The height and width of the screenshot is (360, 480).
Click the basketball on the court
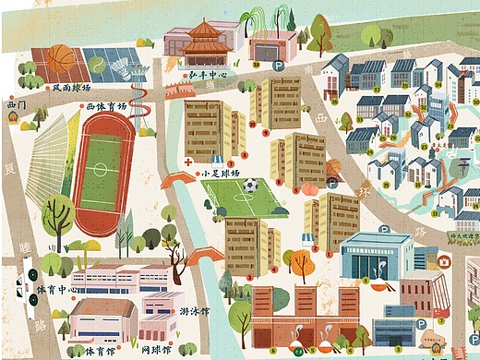[x=62, y=58]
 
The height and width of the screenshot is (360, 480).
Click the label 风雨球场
[x=71, y=88]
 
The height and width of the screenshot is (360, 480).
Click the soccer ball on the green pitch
[x=250, y=186]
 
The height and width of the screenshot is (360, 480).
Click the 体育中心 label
[x=56, y=290]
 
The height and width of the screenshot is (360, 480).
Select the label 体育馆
[x=99, y=351]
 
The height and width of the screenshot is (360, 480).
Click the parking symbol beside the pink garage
[x=279, y=66]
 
